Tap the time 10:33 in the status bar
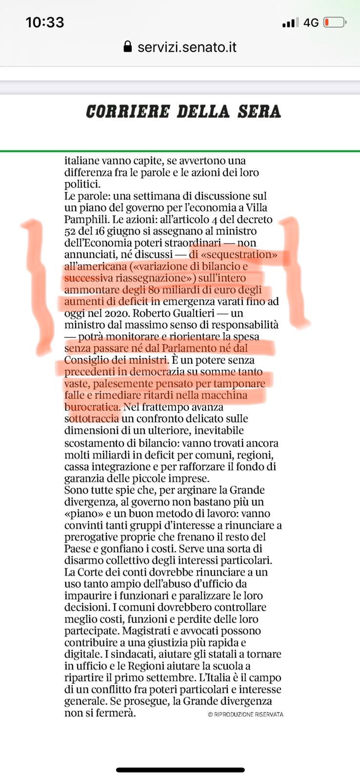pos(45,22)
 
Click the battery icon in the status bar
pos(335,22)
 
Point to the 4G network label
pos(311,22)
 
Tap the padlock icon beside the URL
pos(128,47)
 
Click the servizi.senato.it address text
pos(187,47)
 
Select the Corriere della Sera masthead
pos(183,112)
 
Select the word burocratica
pos(92,407)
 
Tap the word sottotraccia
pos(92,418)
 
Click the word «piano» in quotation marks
pos(80,513)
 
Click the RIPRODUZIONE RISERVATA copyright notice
pos(245,714)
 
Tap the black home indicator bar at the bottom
pos(180,770)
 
